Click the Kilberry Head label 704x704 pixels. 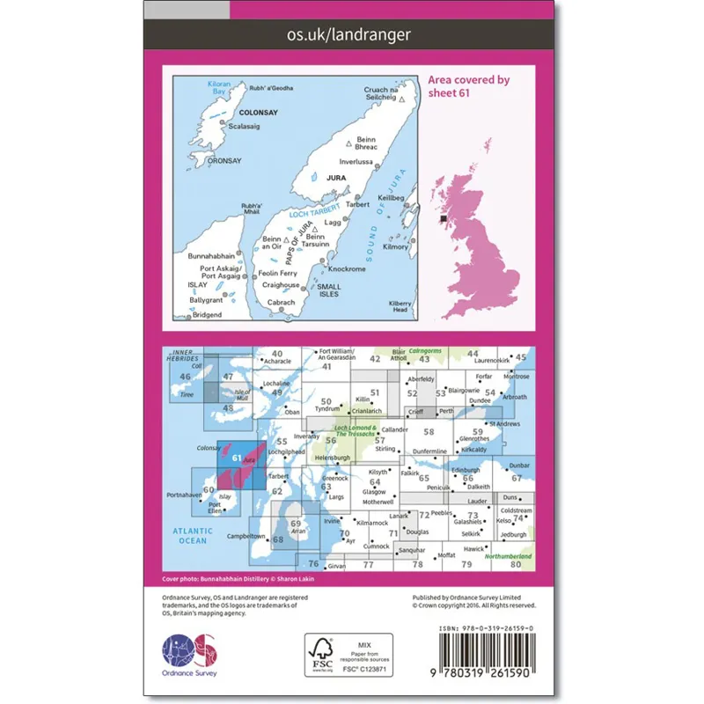point(400,305)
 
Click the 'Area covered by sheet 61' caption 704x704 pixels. point(469,86)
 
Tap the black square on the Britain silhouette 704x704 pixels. point(444,218)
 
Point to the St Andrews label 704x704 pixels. point(513,424)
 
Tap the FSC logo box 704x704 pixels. point(348,655)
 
